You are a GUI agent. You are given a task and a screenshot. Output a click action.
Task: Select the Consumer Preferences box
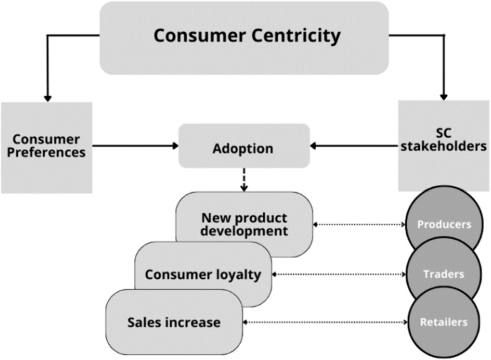47,147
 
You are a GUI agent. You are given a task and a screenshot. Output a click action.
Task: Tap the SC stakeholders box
443,146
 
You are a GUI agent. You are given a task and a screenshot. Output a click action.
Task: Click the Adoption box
244,148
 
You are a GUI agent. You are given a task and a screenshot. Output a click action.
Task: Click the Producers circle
444,224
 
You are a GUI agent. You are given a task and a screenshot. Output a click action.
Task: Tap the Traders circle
444,273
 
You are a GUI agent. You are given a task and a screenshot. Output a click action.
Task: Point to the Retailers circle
444,323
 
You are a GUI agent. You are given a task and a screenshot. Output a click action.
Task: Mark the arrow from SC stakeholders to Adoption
354,147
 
